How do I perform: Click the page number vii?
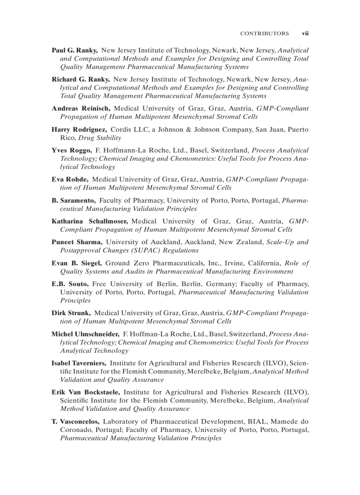coord(305,33)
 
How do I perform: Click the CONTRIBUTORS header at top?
coord(264,33)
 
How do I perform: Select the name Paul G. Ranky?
coord(75,50)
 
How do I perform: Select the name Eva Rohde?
coord(70,179)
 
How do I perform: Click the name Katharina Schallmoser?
coord(90,221)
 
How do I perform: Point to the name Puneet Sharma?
coord(77,242)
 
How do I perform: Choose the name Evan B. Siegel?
coord(77,263)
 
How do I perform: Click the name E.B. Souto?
coord(70,284)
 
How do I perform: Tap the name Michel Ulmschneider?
coord(86,334)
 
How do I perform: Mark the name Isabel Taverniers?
coord(79,363)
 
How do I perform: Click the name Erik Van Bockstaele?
coord(86,392)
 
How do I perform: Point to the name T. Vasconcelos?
coord(75,421)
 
